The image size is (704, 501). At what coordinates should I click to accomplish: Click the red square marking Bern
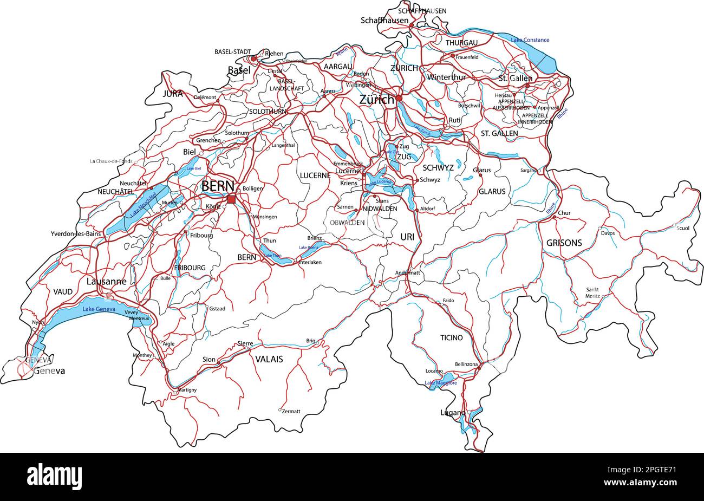click(231, 200)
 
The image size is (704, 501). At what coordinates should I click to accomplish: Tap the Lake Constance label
click(530, 40)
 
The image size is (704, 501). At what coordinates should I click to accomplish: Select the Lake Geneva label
click(99, 309)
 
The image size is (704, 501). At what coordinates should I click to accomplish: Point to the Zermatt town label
click(291, 412)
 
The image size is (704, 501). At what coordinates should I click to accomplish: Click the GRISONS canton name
click(564, 243)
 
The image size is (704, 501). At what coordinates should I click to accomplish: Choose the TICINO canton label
click(451, 337)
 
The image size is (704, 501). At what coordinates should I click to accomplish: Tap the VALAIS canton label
click(269, 359)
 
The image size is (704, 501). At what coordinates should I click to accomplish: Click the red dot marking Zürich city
click(399, 98)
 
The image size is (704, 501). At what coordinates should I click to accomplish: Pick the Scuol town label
click(683, 228)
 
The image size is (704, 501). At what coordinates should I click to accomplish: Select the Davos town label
click(608, 233)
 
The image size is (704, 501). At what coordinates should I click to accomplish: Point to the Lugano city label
click(452, 413)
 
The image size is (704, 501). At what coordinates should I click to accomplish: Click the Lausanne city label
click(106, 282)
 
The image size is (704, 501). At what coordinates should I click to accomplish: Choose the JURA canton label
click(173, 94)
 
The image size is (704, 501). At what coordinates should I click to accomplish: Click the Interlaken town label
click(310, 262)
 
